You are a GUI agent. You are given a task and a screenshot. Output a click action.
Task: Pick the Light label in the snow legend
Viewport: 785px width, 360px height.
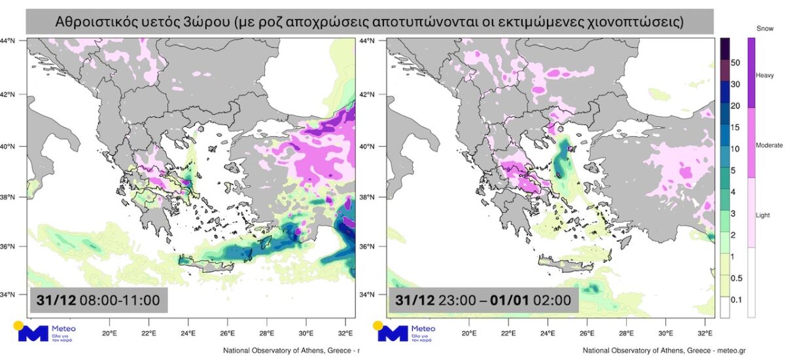[x=763, y=215]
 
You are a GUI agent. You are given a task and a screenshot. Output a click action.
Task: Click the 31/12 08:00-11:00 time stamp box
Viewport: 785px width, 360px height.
[x=98, y=300]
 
